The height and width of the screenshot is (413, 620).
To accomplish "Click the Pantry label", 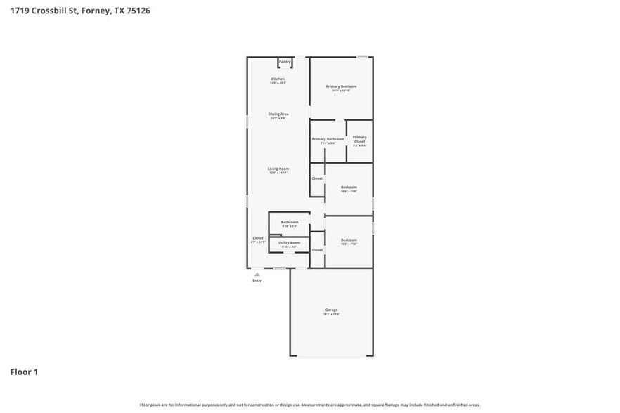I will pyautogui.click(x=285, y=62).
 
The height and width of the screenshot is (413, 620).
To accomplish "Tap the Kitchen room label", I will pyautogui.click(x=278, y=79).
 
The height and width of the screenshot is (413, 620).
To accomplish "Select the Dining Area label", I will pyautogui.click(x=278, y=114).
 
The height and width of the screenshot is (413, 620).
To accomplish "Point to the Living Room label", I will pyautogui.click(x=278, y=169).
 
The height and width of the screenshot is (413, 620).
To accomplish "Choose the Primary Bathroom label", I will pyautogui.click(x=328, y=140).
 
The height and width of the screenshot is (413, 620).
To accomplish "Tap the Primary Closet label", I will pyautogui.click(x=359, y=140).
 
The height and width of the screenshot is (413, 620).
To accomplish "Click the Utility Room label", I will pyautogui.click(x=289, y=243).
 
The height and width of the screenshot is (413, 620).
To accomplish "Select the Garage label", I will pyautogui.click(x=331, y=310).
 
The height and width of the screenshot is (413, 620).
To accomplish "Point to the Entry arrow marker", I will pyautogui.click(x=257, y=274).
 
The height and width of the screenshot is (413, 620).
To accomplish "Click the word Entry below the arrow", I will pyautogui.click(x=257, y=281).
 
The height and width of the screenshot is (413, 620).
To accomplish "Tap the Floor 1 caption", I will pyautogui.click(x=24, y=372).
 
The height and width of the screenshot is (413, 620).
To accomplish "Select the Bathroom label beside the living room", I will pyautogui.click(x=290, y=223).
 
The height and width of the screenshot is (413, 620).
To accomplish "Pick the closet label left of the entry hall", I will pyautogui.click(x=258, y=239).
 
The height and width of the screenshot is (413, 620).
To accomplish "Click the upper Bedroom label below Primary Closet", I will pyautogui.click(x=349, y=188).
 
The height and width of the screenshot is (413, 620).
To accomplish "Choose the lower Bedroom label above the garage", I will pyautogui.click(x=349, y=240).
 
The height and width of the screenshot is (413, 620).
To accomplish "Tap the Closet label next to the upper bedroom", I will pyautogui.click(x=317, y=178).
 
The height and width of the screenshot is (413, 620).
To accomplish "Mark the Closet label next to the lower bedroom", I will pyautogui.click(x=317, y=250).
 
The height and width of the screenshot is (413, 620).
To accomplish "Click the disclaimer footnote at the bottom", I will pyautogui.click(x=310, y=405).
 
